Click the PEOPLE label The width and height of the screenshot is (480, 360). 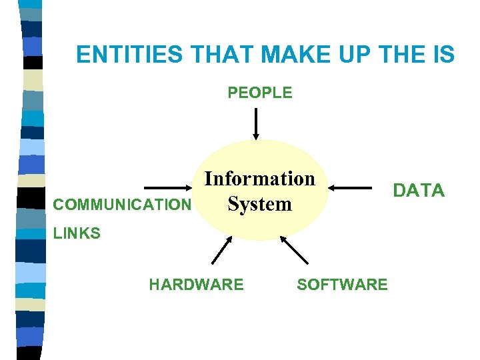click(x=260, y=93)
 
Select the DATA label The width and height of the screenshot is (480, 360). click(x=419, y=191)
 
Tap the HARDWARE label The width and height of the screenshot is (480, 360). click(x=196, y=285)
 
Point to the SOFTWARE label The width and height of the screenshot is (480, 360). click(x=342, y=285)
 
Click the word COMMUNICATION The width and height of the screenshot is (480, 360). click(x=122, y=205)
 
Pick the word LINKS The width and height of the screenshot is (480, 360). click(x=77, y=233)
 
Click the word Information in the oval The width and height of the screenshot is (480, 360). click(x=259, y=179)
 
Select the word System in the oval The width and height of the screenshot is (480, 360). click(x=259, y=203)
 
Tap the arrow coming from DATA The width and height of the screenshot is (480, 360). click(x=353, y=189)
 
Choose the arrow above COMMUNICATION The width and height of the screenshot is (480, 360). click(x=169, y=189)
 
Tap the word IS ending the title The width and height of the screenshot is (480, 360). click(x=444, y=54)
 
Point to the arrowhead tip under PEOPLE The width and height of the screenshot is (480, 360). click(x=256, y=139)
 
